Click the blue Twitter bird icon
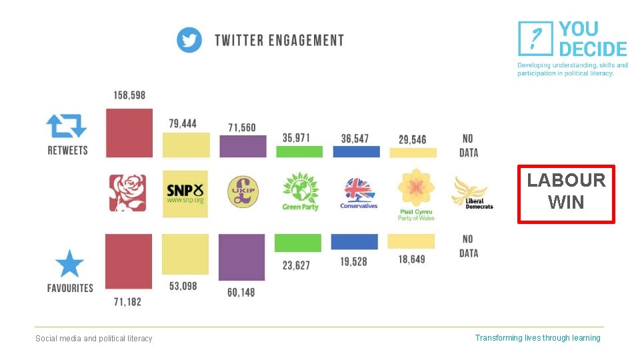pos(189,40)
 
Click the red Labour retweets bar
pos(129,133)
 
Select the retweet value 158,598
pos(129,95)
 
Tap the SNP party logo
pos(185,193)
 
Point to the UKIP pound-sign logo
pos(241,193)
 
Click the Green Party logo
pos(300,191)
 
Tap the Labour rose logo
pos(127,193)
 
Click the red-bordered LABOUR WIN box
pos(566,194)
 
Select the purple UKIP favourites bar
pos(241,257)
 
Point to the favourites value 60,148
pos(241,292)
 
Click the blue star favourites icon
pos(69,264)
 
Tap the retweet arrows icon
pos(67,126)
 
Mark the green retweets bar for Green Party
pos(299,151)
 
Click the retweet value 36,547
pos(355,139)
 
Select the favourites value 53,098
pos(185,286)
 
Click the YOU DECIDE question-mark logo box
pos(535,38)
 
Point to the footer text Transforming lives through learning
pos(537,338)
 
